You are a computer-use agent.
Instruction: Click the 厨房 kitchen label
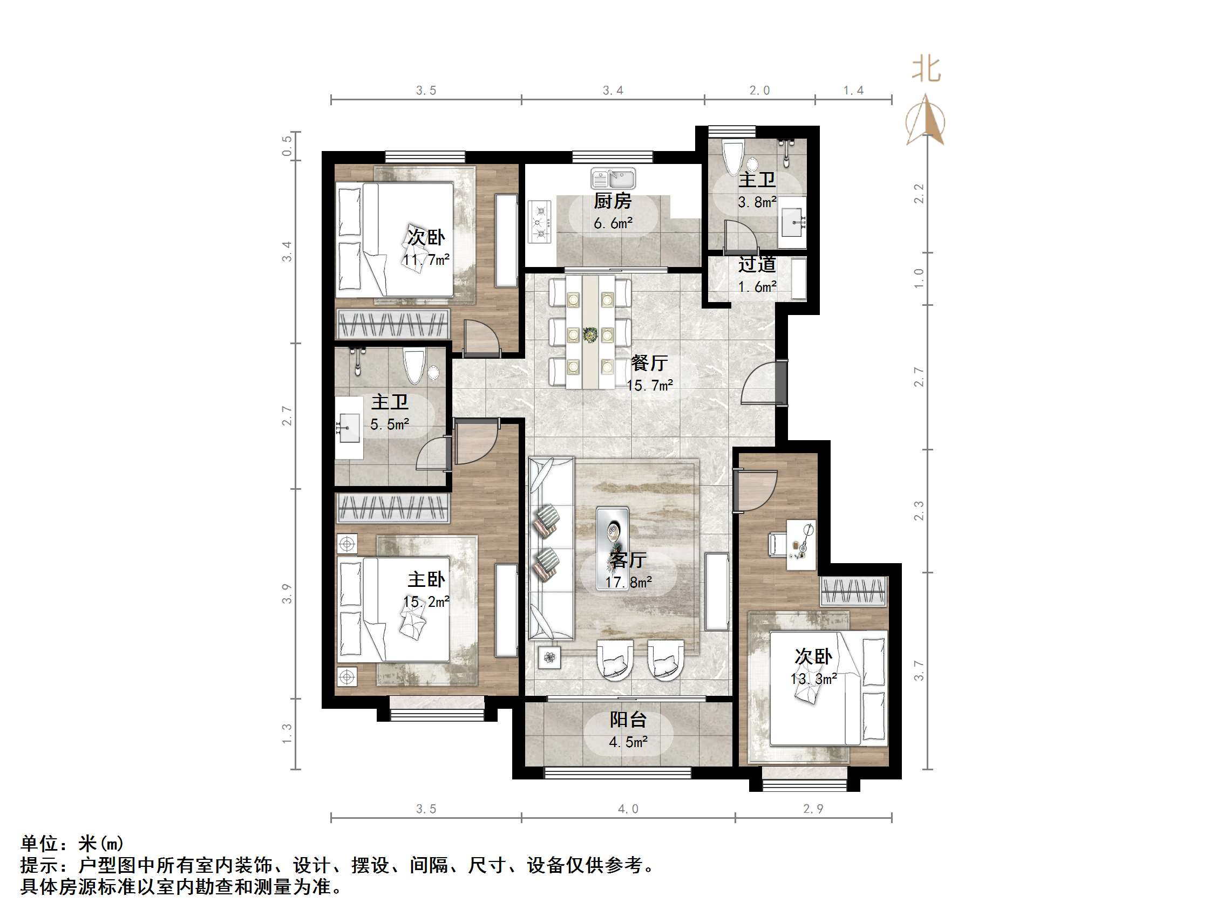(x=613, y=201)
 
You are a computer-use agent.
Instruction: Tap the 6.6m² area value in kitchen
(x=613, y=223)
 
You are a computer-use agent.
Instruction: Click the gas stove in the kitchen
(x=540, y=222)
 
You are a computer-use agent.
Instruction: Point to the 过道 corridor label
(x=757, y=265)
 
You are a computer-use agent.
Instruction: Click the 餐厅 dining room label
(x=650, y=363)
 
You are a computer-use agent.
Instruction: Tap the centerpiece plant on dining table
(x=590, y=334)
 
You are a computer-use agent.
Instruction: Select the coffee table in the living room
(x=612, y=547)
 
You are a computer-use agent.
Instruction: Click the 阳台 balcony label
(x=628, y=719)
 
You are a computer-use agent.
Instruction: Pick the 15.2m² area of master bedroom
(x=426, y=601)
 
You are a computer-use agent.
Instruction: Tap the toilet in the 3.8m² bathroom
(x=733, y=157)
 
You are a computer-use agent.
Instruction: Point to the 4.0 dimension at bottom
(x=628, y=809)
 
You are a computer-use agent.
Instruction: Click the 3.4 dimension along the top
(x=613, y=91)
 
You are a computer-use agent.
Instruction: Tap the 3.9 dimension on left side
(x=287, y=594)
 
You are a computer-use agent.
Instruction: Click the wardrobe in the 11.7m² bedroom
(x=392, y=323)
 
